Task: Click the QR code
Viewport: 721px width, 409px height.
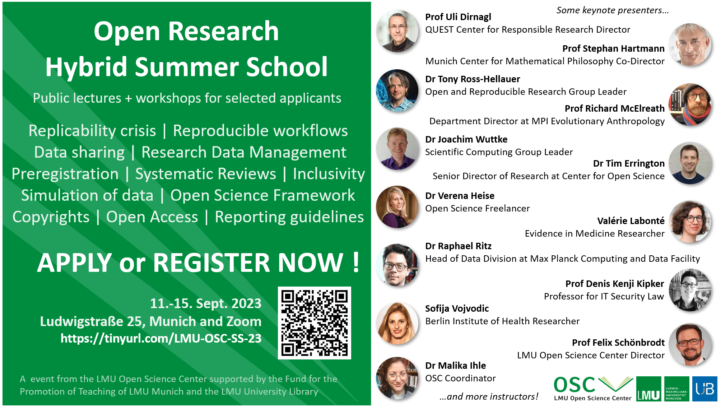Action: [315, 323]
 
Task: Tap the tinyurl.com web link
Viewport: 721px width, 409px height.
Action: [161, 338]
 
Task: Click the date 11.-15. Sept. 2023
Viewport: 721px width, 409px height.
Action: [206, 303]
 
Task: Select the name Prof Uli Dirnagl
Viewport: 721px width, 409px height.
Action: [458, 17]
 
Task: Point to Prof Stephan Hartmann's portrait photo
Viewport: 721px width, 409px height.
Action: [690, 45]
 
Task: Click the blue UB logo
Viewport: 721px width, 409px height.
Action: [704, 389]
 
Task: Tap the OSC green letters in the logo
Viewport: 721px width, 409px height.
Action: [575, 385]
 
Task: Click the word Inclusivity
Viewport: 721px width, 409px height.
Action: [329, 174]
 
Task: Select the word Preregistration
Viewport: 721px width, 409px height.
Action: [65, 174]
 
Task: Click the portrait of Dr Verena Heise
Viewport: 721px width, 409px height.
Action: [397, 207]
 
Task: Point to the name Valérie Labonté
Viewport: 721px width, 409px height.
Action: [631, 221]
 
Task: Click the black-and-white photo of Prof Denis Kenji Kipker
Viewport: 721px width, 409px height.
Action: [690, 290]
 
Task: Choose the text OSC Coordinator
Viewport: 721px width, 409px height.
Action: [460, 378]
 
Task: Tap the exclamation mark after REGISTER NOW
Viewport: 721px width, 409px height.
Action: [356, 262]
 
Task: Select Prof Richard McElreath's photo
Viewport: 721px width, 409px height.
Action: [690, 104]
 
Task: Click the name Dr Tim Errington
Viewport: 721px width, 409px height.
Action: [629, 163]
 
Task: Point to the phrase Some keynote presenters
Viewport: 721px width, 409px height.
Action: [613, 10]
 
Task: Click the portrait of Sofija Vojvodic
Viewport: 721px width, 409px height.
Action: [397, 323]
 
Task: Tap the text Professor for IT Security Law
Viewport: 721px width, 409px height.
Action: [604, 296]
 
